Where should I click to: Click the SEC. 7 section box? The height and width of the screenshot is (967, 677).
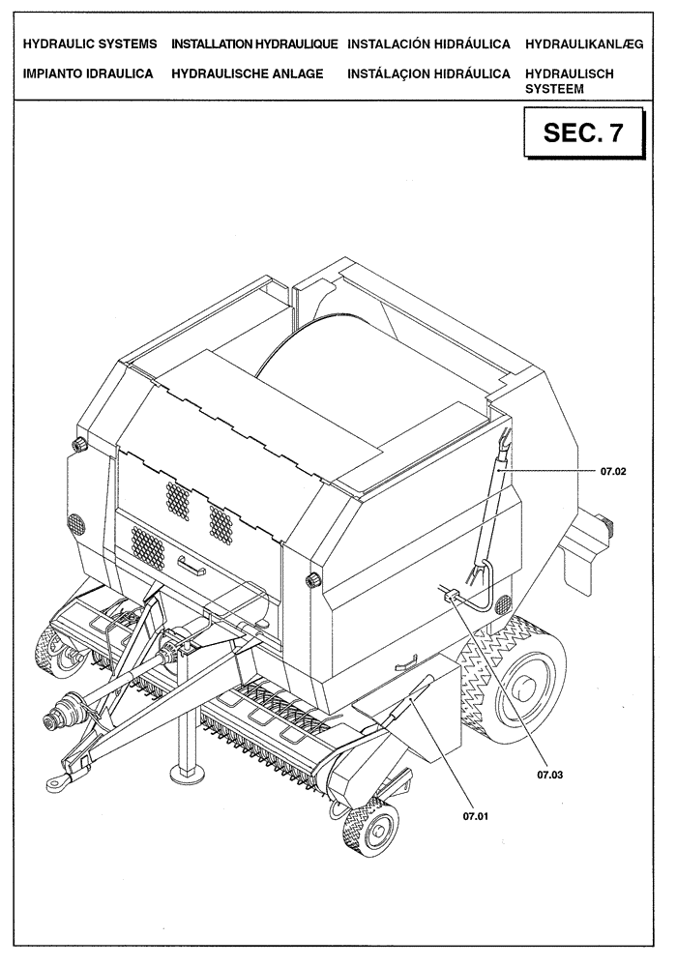tap(582, 133)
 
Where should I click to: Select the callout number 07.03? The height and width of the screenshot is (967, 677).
tap(548, 774)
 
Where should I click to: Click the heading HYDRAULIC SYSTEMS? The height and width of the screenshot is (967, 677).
tap(89, 45)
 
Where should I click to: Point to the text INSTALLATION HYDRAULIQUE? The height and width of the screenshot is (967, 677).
tap(254, 45)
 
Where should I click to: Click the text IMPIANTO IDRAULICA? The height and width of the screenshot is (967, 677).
tap(88, 73)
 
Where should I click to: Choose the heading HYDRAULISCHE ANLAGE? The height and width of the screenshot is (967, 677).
tap(247, 73)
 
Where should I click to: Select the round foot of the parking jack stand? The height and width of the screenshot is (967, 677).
tap(183, 771)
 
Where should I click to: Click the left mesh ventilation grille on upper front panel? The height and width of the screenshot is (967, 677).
tap(177, 501)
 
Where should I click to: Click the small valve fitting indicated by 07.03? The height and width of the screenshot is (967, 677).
tap(451, 598)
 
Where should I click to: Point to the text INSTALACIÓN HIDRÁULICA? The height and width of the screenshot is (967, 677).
tap(429, 45)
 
